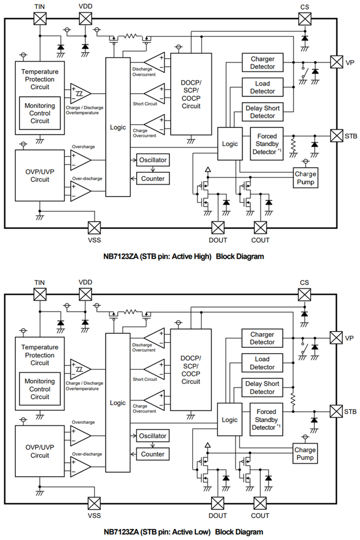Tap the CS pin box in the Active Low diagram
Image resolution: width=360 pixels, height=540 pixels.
click(x=305, y=294)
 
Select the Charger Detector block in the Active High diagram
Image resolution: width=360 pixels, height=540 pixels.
click(x=262, y=63)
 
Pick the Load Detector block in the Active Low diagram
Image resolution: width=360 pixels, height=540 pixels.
click(x=262, y=363)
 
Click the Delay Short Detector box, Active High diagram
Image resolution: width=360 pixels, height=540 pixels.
click(x=262, y=112)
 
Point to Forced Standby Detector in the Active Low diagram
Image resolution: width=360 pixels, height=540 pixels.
click(x=266, y=419)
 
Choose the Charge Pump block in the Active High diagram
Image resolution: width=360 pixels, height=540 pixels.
click(x=305, y=178)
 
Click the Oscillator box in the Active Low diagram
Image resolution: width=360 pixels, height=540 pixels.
click(x=153, y=436)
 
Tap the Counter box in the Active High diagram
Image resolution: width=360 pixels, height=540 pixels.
click(x=153, y=179)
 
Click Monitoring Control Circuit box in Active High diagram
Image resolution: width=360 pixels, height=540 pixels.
click(x=40, y=113)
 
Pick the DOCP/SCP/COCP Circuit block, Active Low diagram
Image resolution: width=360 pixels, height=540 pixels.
click(x=191, y=369)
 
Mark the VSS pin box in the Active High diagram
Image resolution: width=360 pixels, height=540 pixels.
click(x=94, y=228)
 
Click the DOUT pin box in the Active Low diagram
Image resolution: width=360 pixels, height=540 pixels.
click(x=218, y=503)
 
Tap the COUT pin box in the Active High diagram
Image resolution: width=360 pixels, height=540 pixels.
click(x=261, y=228)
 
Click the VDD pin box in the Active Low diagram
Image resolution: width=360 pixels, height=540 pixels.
click(x=85, y=294)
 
